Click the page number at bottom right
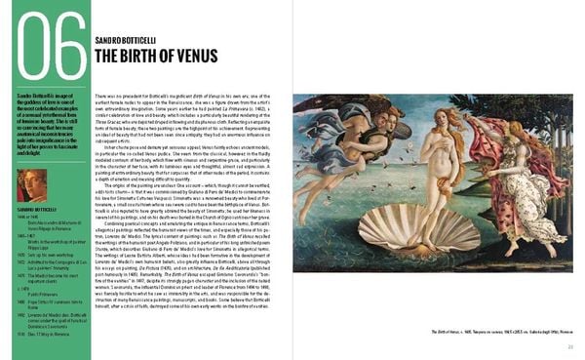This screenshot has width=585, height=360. (x=570, y=346)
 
